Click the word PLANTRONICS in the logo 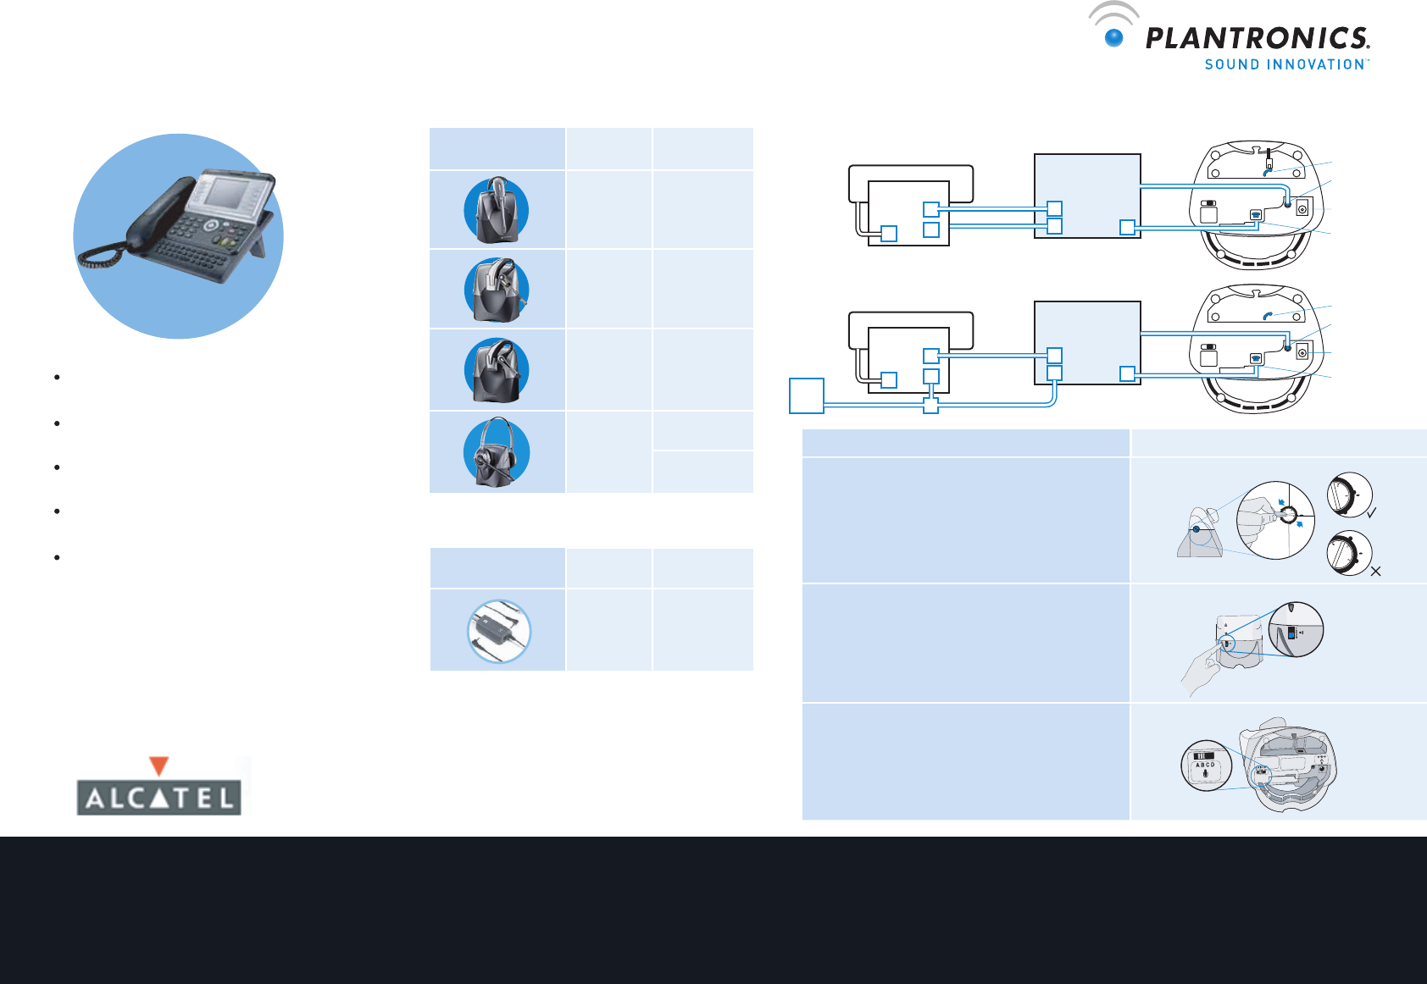(x=1257, y=39)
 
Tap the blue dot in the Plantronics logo (x=1114, y=38)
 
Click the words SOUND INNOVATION (x=1285, y=64)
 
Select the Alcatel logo (x=159, y=787)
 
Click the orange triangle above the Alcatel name (x=158, y=766)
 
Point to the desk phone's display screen (x=228, y=193)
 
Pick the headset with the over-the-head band (x=497, y=452)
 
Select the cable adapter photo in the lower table (x=499, y=631)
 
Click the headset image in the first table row (x=497, y=210)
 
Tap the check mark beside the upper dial (x=1371, y=512)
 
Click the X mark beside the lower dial (x=1375, y=572)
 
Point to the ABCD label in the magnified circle (x=1205, y=765)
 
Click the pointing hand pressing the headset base (x=1201, y=669)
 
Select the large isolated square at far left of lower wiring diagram (x=807, y=395)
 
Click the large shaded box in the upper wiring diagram (x=1087, y=196)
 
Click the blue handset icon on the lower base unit (x=1268, y=315)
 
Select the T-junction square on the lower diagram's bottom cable (x=931, y=406)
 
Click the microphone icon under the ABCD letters (x=1205, y=773)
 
